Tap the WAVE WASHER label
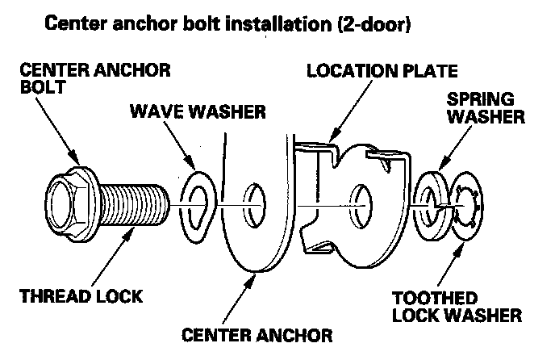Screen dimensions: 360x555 point(197,111)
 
